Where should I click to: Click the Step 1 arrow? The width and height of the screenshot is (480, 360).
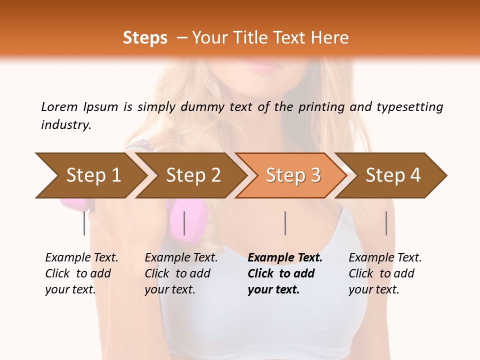coord(92,175)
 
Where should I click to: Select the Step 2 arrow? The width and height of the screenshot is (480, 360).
coord(192,175)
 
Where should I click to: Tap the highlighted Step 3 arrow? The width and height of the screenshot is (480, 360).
coord(292,175)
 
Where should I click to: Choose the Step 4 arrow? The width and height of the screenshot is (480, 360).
coord(392,175)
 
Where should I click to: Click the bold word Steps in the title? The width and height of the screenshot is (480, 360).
coord(145,38)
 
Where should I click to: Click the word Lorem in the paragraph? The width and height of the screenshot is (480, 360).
coord(59,106)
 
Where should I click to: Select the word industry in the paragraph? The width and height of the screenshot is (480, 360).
coord(65,125)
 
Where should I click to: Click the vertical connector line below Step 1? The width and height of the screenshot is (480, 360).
coord(84,223)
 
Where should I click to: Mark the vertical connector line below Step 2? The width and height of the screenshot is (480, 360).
coord(184,223)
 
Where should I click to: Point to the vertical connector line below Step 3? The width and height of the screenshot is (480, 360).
coord(285,223)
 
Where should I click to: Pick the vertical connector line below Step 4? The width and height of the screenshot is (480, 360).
coord(386,223)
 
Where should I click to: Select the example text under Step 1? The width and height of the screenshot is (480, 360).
coord(81,273)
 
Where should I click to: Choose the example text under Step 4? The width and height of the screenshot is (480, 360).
coord(385,273)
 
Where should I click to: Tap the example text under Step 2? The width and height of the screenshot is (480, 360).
coord(181,273)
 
